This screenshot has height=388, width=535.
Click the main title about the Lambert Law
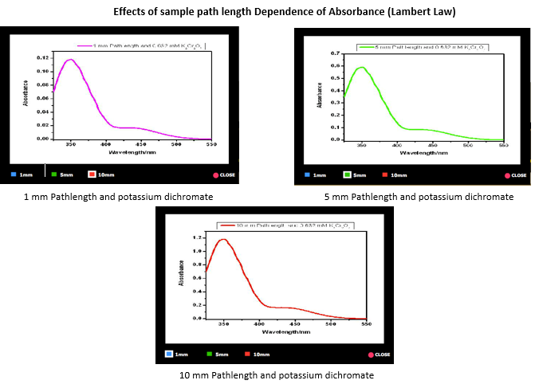(268, 13)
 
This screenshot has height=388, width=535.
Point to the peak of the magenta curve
(71, 60)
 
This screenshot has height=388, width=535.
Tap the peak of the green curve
(361, 68)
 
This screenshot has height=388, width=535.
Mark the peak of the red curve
(223, 239)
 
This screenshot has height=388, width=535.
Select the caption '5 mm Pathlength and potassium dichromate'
(419, 197)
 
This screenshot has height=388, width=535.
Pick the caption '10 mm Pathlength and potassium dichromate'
(264, 375)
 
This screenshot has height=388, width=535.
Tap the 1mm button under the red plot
(177, 354)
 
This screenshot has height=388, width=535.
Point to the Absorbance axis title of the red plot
(183, 276)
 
